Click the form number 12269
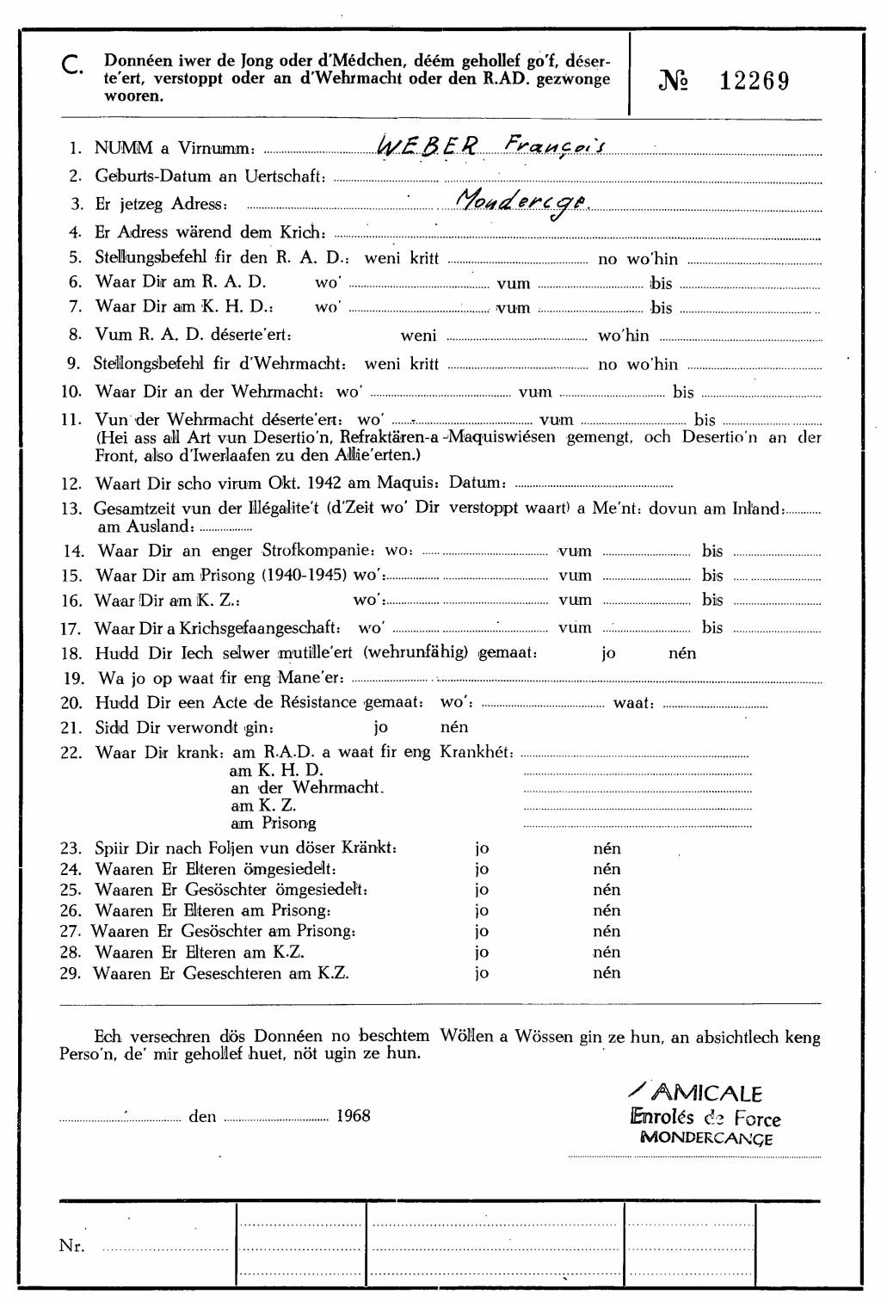pos(754,81)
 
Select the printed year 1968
pos(353,1116)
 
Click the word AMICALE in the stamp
pos(705,1094)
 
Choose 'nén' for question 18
pos(682,652)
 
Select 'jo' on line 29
pos(482,973)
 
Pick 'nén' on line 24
pos(607,869)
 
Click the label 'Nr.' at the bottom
pos(71,1246)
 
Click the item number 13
pos(71,509)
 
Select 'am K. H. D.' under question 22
pos(277,770)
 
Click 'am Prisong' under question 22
pos(273,823)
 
